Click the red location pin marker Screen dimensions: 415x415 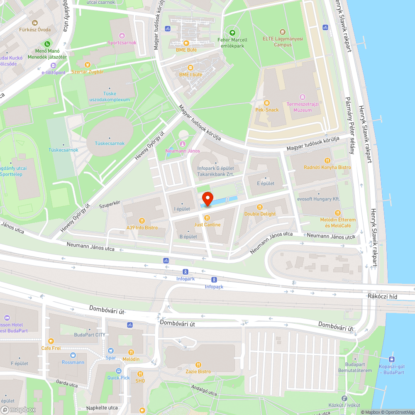click(207, 198)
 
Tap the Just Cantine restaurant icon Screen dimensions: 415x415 click(207, 218)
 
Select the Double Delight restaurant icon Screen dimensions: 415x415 click(260, 207)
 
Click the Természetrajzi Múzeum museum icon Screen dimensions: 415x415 click(302, 97)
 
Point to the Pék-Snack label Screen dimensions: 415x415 click(266, 110)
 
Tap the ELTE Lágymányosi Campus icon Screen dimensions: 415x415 click(283, 32)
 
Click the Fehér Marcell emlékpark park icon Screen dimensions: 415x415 click(232, 33)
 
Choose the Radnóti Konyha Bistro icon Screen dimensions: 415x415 click(327, 160)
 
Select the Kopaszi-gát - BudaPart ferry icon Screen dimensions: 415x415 click(391, 359)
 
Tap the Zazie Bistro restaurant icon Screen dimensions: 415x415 click(198, 365)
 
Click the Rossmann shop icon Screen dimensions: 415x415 click(73, 355)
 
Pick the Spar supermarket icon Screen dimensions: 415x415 click(111, 351)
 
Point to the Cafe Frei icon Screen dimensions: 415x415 click(51, 341)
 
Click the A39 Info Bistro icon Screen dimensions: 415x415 click(142, 221)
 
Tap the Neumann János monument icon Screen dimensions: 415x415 click(182, 144)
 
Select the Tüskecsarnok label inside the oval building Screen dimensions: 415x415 click(110, 144)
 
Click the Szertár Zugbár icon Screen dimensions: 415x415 click(87, 65)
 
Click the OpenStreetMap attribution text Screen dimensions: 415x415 click(397, 412)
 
